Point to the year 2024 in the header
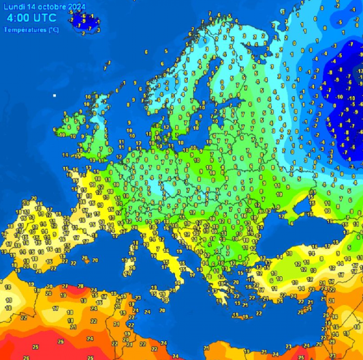coord(77,6)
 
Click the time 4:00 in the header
coord(20,18)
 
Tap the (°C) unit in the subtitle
coord(52,29)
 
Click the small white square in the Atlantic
coord(55,95)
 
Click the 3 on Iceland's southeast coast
coord(98,29)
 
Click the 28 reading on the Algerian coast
coord(80,285)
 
